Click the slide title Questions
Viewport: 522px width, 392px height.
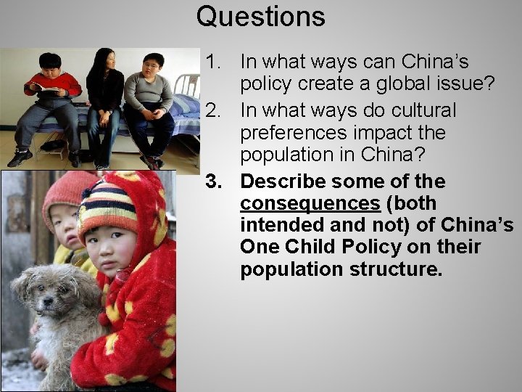260,16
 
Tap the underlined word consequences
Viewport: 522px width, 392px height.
310,203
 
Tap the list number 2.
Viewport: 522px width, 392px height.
212,110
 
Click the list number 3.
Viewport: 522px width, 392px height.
211,180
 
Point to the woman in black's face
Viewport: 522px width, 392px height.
104,61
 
